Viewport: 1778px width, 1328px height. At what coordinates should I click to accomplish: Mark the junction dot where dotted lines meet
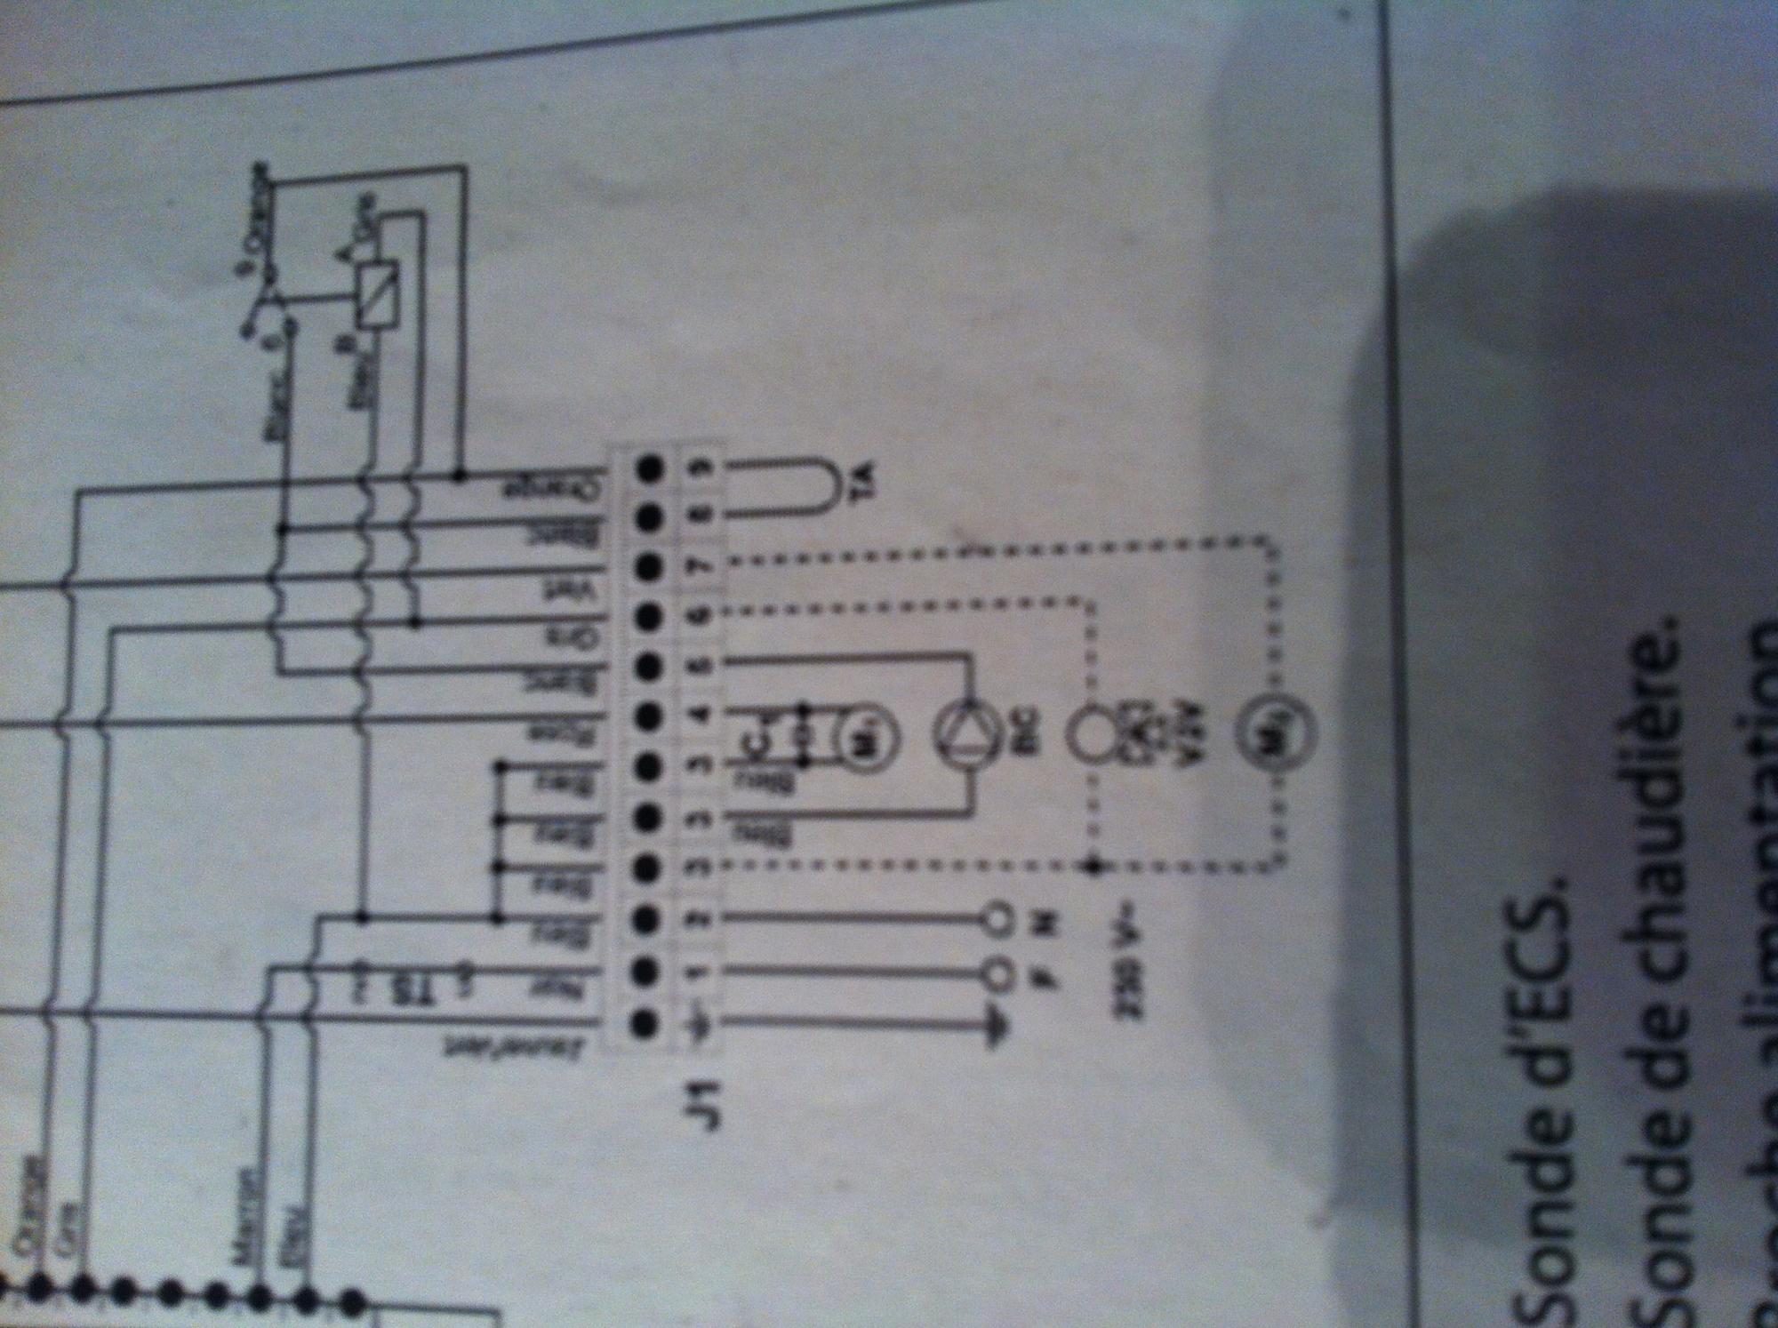pyautogui.click(x=1093, y=864)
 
